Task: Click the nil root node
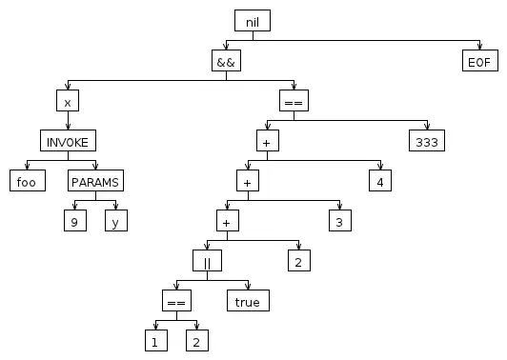point(253,21)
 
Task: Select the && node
point(226,60)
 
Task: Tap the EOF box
point(480,60)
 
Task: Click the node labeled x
point(68,101)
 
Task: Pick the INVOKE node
point(68,141)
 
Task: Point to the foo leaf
point(28,181)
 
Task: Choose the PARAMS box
point(95,181)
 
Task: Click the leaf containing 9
point(75,220)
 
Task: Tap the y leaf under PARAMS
point(116,220)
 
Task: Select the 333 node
point(427,141)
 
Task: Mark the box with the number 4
point(380,181)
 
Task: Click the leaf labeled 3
point(340,220)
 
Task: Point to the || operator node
point(207,260)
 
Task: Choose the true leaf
point(248,301)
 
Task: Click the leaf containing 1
point(156,340)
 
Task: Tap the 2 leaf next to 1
point(197,340)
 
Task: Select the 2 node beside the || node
point(299,260)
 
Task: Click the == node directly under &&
point(294,101)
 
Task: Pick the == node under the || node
point(176,301)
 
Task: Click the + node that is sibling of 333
point(268,141)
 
